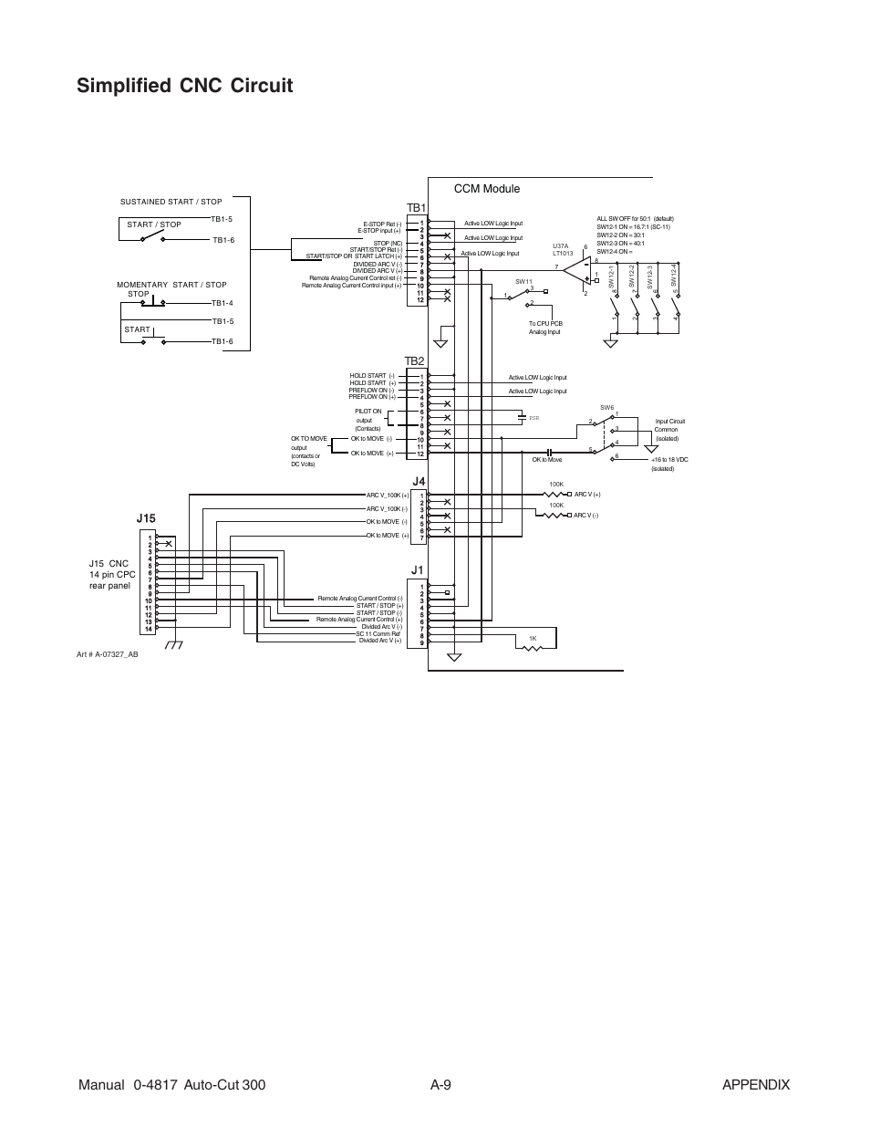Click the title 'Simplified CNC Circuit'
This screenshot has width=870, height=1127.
185,86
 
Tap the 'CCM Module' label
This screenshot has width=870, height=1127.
486,189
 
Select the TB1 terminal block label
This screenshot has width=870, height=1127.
416,208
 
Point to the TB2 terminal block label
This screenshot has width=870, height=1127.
415,361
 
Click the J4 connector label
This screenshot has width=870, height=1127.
419,481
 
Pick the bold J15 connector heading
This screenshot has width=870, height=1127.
146,518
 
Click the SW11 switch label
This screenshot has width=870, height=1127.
523,282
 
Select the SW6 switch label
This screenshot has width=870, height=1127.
606,407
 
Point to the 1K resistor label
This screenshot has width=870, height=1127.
533,638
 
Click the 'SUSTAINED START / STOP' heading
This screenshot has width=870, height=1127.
171,202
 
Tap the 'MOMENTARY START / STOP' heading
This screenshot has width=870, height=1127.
171,285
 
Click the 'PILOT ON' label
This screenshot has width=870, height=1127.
368,412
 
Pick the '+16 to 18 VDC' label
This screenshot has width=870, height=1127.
669,460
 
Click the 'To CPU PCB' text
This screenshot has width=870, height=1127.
545,324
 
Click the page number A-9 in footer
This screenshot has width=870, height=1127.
441,1084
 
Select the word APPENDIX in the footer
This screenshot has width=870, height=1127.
755,1084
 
